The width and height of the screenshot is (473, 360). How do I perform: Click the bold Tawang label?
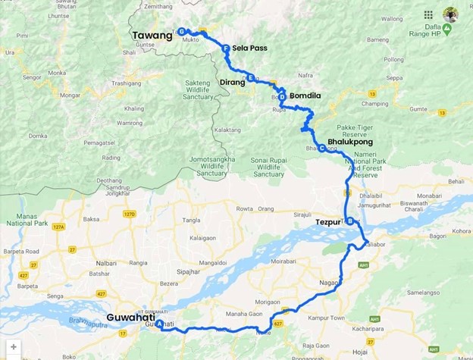pyautogui.click(x=152, y=35)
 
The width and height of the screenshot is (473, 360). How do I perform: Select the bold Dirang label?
pyautogui.click(x=232, y=82)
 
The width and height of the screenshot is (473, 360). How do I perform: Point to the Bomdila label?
pyautogui.click(x=306, y=95)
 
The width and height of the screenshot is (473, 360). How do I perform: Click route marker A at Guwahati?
pyautogui.click(x=159, y=324)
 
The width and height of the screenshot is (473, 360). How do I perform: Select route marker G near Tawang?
pyautogui.click(x=182, y=31)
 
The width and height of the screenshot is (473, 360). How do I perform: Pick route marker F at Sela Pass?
pyautogui.click(x=226, y=49)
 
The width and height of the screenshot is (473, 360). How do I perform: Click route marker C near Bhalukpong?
pyautogui.click(x=322, y=148)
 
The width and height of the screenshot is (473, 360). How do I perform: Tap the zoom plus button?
pyautogui.click(x=13, y=347)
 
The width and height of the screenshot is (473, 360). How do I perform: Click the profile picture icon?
pyautogui.click(x=450, y=14)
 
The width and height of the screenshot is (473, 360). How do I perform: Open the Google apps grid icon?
pyautogui.click(x=428, y=14)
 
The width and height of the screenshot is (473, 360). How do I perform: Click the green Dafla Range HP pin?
pyautogui.click(x=447, y=29)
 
